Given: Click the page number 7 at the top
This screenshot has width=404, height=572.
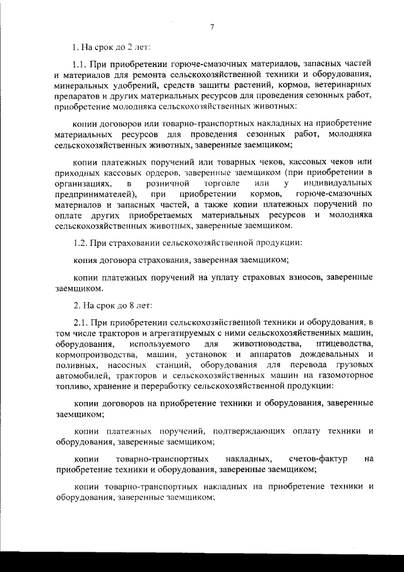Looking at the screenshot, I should coord(212,26).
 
